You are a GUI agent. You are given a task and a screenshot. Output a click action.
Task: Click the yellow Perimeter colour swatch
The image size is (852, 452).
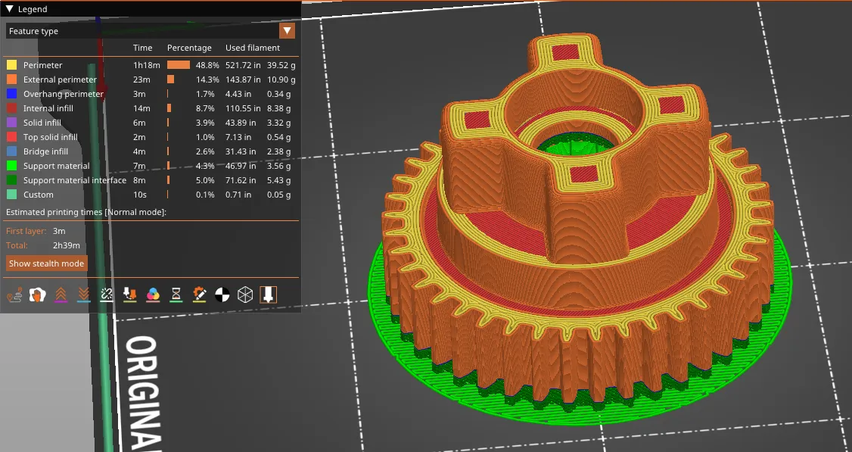click(11, 65)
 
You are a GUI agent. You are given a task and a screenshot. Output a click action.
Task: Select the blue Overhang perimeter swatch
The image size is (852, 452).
click(11, 94)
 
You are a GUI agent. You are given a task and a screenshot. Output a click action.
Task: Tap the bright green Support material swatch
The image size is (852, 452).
click(11, 166)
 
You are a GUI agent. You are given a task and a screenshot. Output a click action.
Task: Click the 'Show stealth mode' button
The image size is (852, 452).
click(46, 263)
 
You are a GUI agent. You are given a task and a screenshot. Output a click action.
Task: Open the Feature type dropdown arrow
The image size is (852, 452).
click(287, 31)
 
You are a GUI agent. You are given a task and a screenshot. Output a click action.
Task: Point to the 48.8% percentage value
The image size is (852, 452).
click(207, 65)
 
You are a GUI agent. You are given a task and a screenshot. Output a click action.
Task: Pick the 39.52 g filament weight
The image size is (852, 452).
click(281, 65)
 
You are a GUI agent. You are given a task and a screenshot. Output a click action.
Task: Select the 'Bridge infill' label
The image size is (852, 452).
click(45, 151)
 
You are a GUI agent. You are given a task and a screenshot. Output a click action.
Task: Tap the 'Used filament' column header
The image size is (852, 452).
click(253, 48)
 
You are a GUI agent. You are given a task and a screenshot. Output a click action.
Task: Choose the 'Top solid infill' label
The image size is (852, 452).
click(50, 137)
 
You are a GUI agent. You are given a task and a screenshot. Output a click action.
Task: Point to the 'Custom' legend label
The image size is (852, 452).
click(38, 195)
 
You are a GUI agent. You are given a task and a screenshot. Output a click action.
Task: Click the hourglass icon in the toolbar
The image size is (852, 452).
click(176, 294)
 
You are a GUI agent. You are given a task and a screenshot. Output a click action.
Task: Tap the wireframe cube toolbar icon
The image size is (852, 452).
click(245, 294)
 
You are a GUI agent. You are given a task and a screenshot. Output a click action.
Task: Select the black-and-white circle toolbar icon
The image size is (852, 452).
click(222, 294)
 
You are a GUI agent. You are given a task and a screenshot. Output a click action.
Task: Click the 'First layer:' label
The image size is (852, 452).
click(26, 231)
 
